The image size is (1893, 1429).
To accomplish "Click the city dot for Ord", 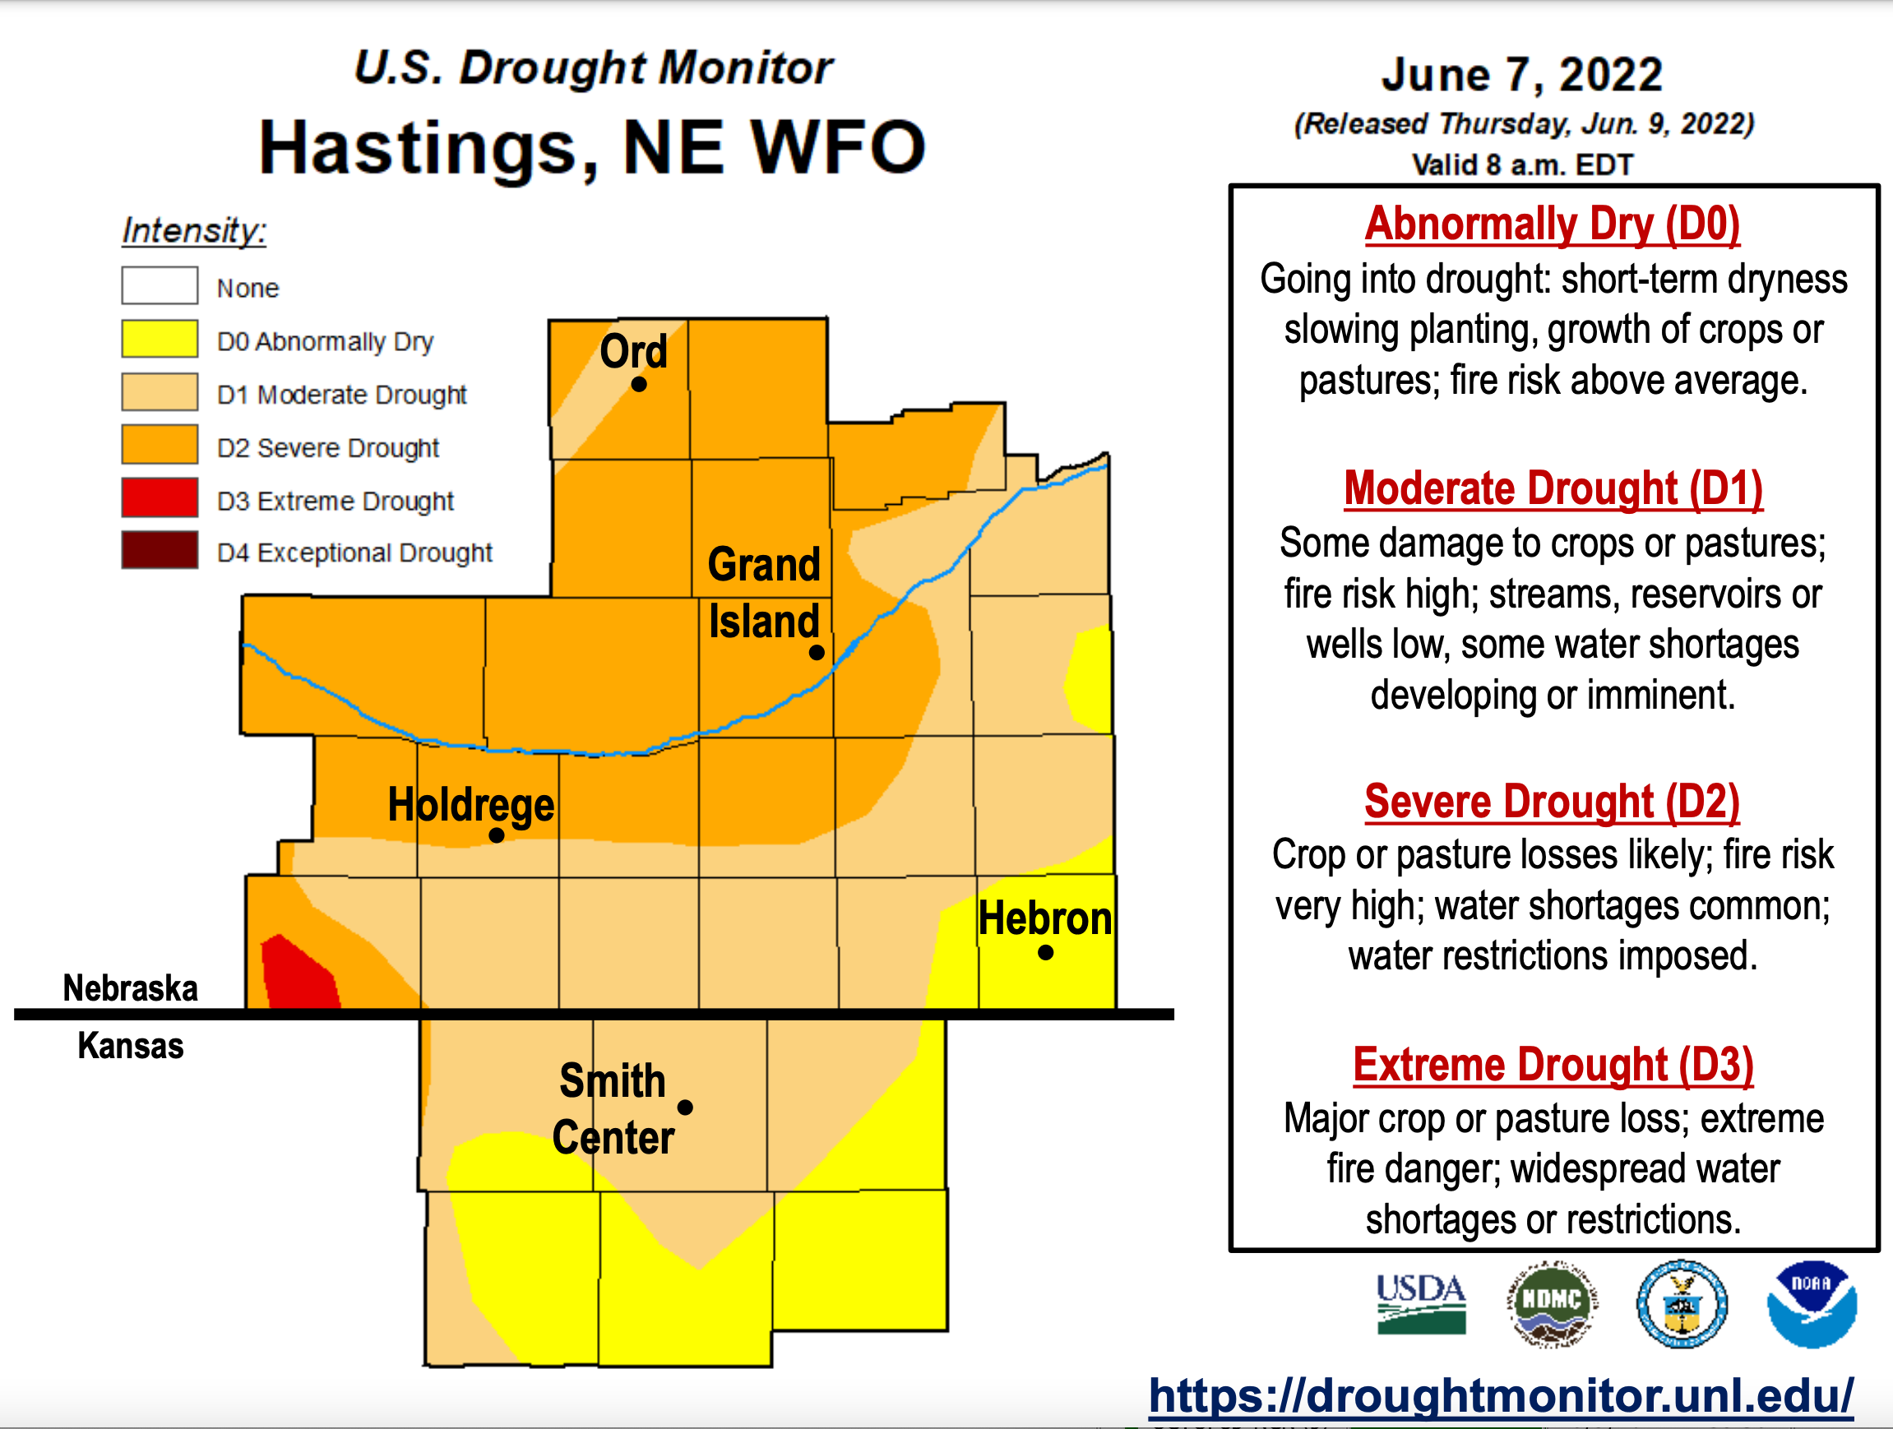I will [638, 385].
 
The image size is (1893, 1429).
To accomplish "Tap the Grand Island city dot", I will [817, 653].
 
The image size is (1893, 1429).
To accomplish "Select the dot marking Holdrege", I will [497, 835].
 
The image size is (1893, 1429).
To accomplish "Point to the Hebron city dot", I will [1045, 952].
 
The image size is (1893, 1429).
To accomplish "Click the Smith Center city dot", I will [685, 1108].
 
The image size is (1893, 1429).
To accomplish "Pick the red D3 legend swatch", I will [160, 497].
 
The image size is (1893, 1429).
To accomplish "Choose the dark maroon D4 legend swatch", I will [160, 550].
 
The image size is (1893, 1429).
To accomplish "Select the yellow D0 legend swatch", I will [160, 339].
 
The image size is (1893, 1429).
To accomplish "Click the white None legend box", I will [160, 286].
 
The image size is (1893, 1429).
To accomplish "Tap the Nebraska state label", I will [130, 988].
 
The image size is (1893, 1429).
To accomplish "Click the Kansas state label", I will [130, 1046].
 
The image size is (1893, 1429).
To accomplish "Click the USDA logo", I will [1421, 1303].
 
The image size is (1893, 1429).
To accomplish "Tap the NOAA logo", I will [1811, 1303].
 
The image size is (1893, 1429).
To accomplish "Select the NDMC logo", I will [1551, 1303].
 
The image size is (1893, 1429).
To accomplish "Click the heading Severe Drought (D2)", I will [1551, 802].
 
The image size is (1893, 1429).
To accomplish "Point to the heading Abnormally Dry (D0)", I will [1551, 224].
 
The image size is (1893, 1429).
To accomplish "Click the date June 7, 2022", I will [1521, 75].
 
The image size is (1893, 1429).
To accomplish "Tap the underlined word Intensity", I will [193, 231].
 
